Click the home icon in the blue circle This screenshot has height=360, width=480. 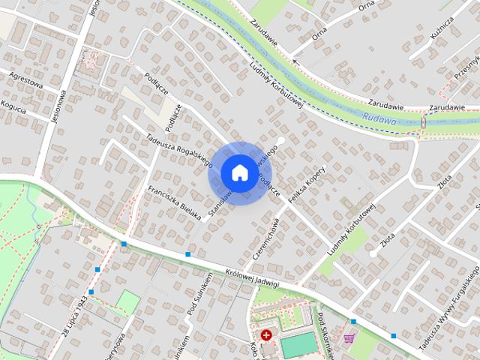[x=238, y=172]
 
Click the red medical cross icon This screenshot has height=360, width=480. [x=265, y=334]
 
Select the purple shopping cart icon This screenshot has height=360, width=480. [x=349, y=337]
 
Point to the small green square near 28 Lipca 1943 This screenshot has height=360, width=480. [x=128, y=302]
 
